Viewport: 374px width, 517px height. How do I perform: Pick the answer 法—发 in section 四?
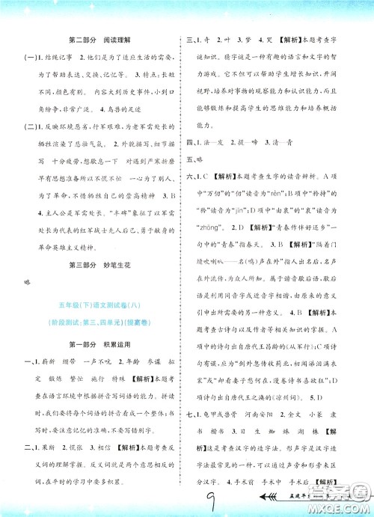coord(214,142)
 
